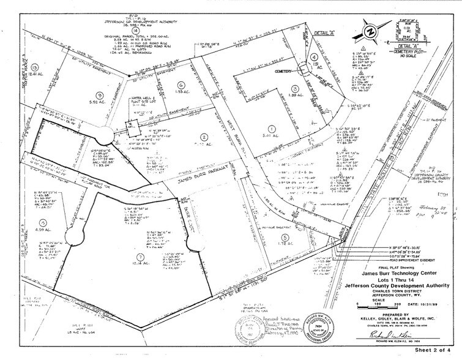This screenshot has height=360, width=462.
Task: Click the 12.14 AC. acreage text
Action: point(141,264)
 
